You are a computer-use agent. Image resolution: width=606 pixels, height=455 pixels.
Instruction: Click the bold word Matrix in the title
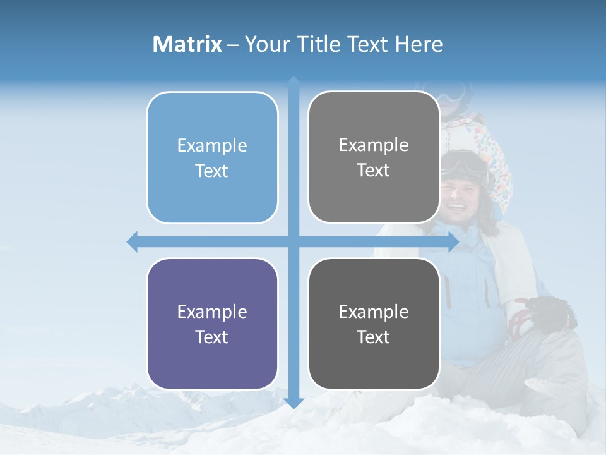point(187,44)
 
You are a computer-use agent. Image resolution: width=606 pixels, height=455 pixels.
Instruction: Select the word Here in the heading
point(419,44)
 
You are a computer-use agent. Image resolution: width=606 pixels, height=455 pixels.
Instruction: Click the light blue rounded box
point(212,158)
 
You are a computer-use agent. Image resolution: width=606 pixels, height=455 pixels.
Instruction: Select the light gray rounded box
point(374,157)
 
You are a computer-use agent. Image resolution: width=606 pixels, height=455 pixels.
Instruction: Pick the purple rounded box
point(212,324)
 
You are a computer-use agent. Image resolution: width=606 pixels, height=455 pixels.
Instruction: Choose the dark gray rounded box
point(374,324)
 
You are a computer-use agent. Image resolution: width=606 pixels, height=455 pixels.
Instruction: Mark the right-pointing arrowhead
point(453,241)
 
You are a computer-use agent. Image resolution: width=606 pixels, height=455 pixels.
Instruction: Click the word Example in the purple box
point(212,312)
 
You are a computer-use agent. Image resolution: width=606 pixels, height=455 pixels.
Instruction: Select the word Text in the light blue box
point(212,171)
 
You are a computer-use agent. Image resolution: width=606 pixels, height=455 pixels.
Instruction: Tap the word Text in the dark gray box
point(374,337)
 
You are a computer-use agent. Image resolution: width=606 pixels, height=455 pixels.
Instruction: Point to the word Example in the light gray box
point(374,145)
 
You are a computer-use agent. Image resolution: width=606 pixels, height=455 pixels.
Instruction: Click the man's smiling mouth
point(456,205)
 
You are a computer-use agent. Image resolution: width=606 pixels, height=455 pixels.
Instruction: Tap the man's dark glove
point(550,312)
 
